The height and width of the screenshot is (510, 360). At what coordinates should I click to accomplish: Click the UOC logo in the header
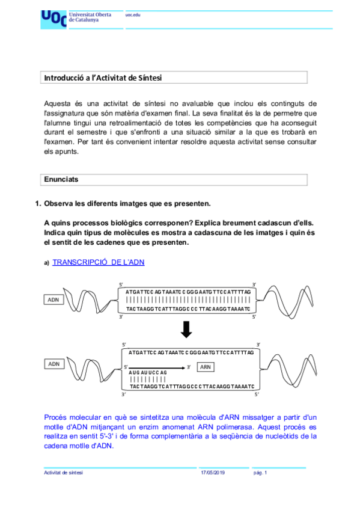click(x=53, y=19)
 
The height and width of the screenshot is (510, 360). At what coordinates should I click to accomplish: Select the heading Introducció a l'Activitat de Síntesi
click(x=103, y=78)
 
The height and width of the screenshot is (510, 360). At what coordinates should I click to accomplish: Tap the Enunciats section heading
click(x=61, y=179)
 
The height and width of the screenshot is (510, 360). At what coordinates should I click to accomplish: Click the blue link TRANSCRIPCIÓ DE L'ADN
click(x=99, y=262)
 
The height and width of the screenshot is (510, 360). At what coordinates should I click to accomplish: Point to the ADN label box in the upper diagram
click(x=54, y=300)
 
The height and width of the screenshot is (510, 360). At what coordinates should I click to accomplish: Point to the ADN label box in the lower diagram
click(x=54, y=364)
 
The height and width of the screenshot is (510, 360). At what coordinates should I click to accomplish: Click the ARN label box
click(x=206, y=366)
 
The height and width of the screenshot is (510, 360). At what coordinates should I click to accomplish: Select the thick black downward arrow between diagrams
click(x=186, y=330)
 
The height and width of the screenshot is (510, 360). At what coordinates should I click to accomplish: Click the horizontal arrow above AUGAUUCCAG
click(x=156, y=366)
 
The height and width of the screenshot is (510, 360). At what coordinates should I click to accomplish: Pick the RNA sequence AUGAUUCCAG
click(x=148, y=373)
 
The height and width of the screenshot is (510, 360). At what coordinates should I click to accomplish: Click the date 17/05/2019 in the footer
click(x=213, y=473)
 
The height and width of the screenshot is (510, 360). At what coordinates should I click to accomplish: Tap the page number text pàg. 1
click(x=260, y=473)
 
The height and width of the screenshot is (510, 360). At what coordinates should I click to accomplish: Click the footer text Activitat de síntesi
click(x=64, y=473)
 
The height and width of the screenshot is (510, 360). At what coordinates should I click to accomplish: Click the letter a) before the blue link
click(x=46, y=263)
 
